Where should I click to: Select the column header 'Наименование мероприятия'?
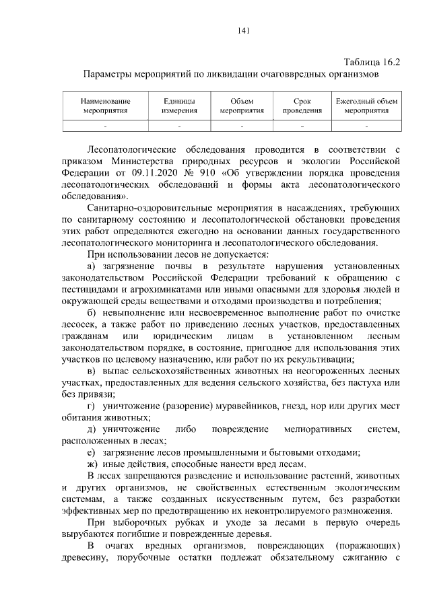(106, 106)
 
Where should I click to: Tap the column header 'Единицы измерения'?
(179, 106)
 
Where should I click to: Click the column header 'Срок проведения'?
(302, 106)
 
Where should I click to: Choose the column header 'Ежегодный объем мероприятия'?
(367, 106)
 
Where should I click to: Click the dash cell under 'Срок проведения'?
(302, 125)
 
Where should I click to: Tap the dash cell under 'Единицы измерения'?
(179, 125)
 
